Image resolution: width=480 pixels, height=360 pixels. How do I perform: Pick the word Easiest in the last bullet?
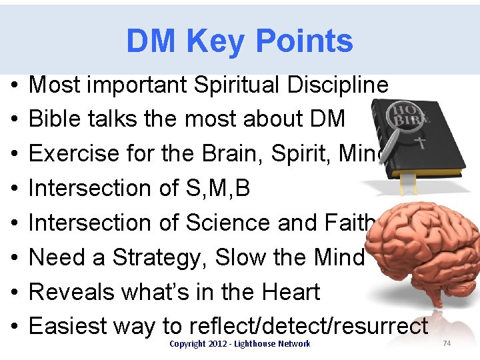tap(72, 327)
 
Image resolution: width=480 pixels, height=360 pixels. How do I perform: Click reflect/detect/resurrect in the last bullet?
tap(308, 327)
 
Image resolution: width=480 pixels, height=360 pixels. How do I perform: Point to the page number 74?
tap(447, 343)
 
